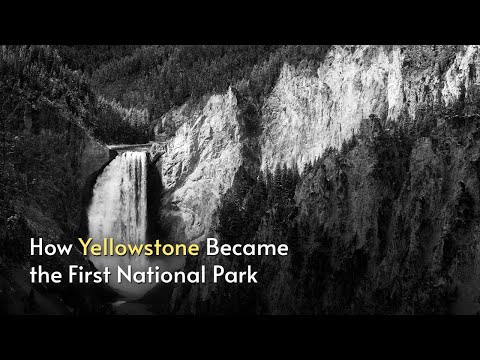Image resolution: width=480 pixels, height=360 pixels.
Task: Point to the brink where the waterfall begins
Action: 124,153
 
